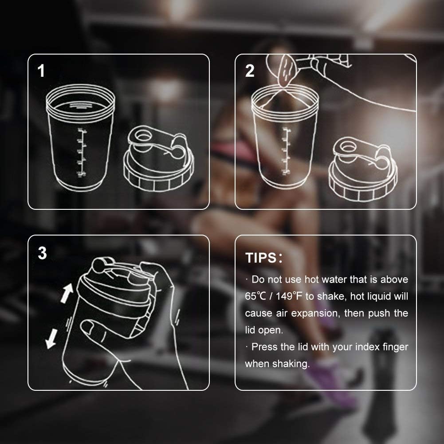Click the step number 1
(x=42, y=71)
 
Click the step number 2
(x=250, y=71)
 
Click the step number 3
(x=42, y=253)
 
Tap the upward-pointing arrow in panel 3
(x=67, y=292)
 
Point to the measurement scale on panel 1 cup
(x=81, y=153)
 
